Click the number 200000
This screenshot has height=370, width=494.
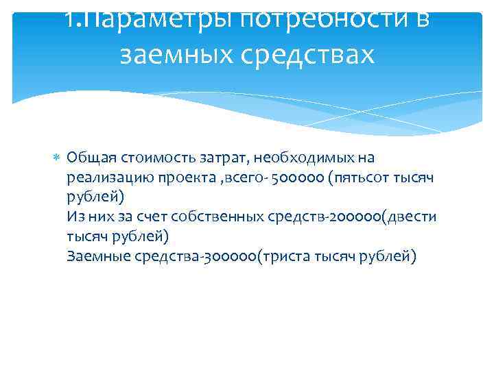356,217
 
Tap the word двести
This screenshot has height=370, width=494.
413,217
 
